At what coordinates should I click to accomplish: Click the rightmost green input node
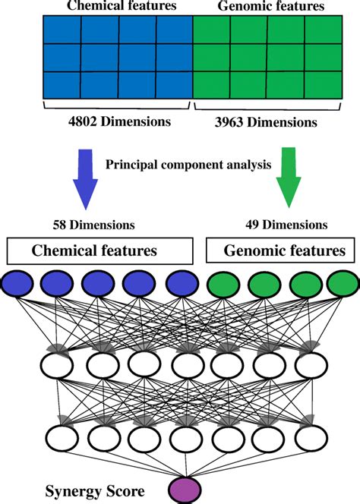pyautogui.click(x=343, y=285)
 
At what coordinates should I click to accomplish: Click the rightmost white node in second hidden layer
pyautogui.click(x=308, y=438)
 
